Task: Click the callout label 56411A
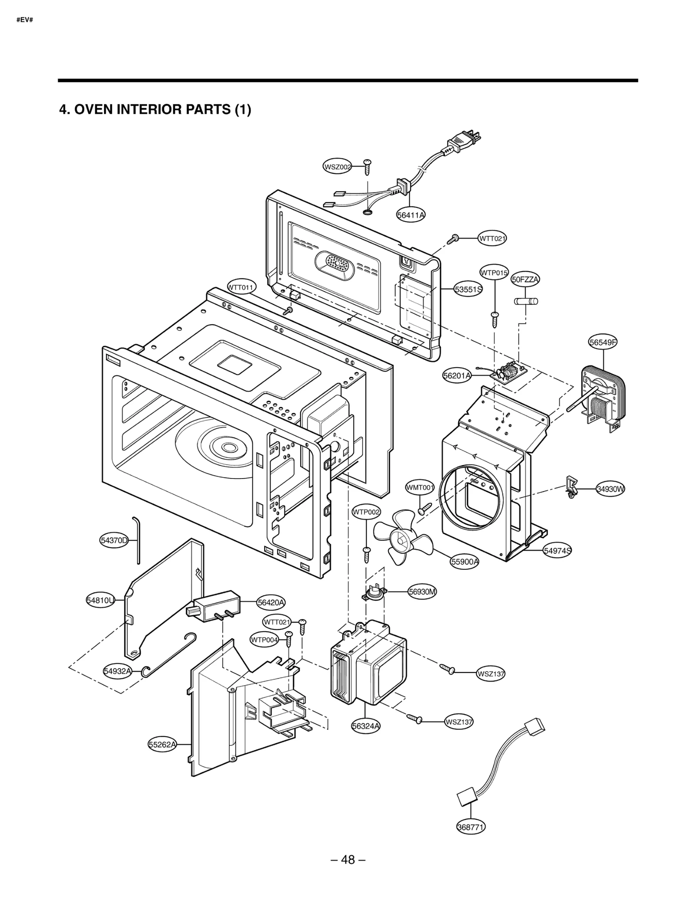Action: coord(411,215)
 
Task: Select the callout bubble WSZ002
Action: coord(338,167)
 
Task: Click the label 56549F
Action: coord(603,342)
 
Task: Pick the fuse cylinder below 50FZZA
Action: coord(526,301)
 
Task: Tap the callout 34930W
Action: coord(610,489)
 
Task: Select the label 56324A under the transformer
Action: coord(366,725)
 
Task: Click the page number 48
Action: coord(348,859)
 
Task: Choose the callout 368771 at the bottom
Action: coord(471,827)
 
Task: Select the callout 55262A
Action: coord(163,745)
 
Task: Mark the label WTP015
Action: coord(494,273)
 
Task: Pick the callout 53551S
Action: coord(468,289)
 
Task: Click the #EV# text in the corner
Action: coord(25,20)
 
